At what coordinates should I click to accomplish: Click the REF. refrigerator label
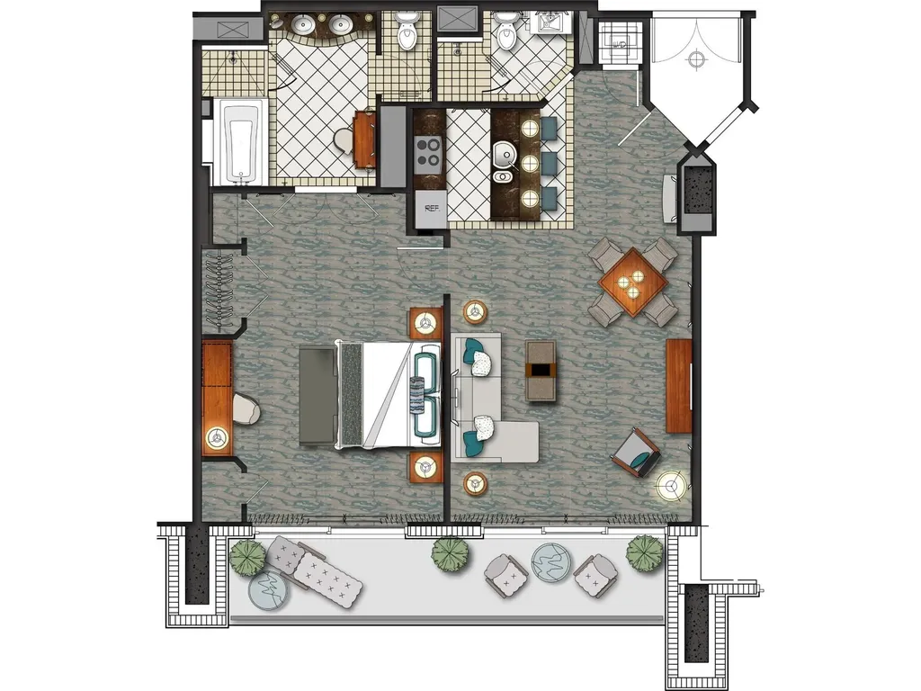point(432,209)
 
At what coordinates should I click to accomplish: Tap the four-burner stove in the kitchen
point(428,151)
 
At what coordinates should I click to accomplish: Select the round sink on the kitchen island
point(503,155)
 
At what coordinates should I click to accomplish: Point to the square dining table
point(633,282)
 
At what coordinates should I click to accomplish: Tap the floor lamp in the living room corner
point(671,486)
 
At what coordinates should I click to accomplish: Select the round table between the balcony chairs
point(551,562)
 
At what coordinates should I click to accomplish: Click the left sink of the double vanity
point(304,24)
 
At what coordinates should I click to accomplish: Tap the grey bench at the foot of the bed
point(317,396)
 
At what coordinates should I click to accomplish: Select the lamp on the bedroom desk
point(218,438)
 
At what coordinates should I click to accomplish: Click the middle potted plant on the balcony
point(452,553)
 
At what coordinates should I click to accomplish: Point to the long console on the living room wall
point(679,386)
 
